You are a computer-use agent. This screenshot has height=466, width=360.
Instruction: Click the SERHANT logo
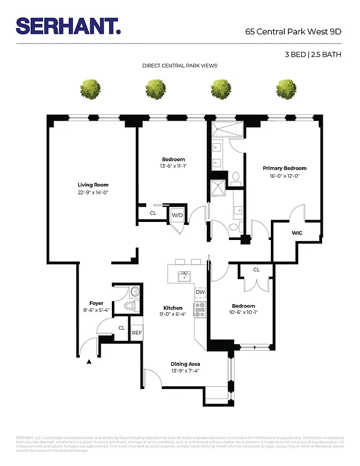tap(68, 26)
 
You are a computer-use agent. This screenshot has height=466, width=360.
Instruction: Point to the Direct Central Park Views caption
tap(180, 66)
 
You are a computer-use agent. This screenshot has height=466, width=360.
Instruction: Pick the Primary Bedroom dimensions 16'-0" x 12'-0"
tap(284, 176)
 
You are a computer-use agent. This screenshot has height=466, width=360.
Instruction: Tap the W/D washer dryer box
tap(177, 215)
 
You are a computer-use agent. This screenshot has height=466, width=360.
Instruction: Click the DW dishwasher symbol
tap(200, 292)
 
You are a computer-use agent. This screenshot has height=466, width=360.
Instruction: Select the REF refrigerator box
tap(136, 333)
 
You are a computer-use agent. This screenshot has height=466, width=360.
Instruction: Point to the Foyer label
tap(96, 303)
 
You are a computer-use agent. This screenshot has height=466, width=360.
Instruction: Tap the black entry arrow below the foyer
tap(89, 362)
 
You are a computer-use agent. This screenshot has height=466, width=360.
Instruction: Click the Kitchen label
tap(173, 308)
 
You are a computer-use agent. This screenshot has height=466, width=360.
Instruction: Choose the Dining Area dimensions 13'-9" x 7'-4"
tap(185, 371)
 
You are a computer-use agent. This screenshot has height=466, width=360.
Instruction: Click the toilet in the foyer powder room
tap(130, 305)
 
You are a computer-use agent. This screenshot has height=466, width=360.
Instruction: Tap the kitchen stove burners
tap(200, 309)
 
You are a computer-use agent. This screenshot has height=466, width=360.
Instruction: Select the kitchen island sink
tap(184, 275)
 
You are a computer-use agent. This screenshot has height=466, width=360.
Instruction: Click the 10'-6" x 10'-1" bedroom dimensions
tap(243, 313)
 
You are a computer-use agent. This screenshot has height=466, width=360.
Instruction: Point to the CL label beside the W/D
tap(153, 213)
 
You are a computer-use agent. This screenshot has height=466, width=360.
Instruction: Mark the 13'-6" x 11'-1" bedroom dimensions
tap(173, 166)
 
